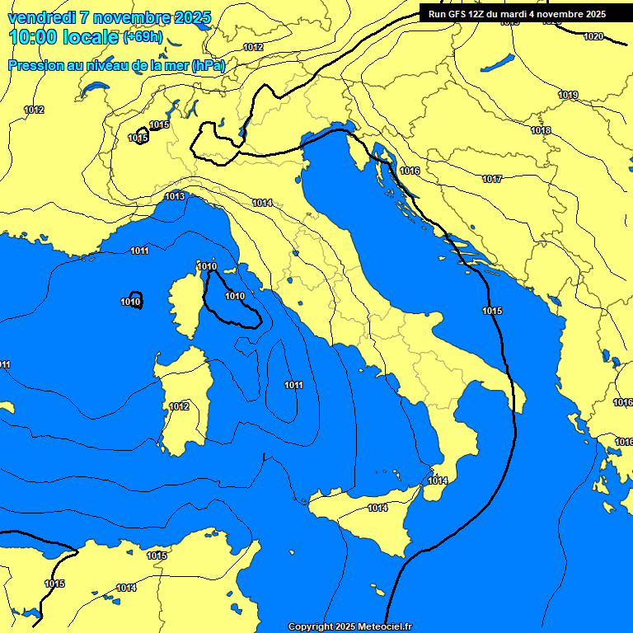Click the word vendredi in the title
pyautogui.click(x=41, y=17)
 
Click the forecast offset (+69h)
pyautogui.click(x=143, y=38)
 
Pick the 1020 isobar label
pyautogui.click(x=593, y=36)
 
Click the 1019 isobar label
pyautogui.click(x=568, y=96)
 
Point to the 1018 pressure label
pyautogui.click(x=541, y=130)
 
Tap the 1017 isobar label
pyautogui.click(x=492, y=179)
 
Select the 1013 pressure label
pyautogui.click(x=175, y=196)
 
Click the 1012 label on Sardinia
pyautogui.click(x=179, y=406)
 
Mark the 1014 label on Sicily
pyautogui.click(x=377, y=509)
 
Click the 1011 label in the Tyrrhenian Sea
pyautogui.click(x=293, y=385)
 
